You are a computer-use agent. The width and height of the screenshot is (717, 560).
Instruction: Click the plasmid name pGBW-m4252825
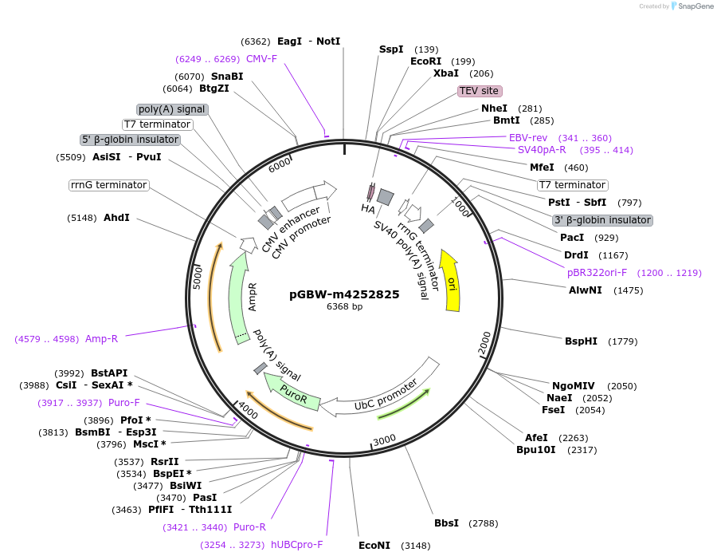click(x=344, y=294)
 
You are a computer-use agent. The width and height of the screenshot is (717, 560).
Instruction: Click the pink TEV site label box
click(x=480, y=91)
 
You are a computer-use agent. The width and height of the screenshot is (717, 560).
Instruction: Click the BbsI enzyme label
click(x=446, y=523)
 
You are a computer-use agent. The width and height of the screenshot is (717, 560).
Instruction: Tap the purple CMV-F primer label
click(x=261, y=59)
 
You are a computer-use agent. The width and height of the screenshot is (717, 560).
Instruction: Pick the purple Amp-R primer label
click(x=101, y=339)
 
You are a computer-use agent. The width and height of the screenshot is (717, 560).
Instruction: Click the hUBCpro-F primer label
click(x=296, y=545)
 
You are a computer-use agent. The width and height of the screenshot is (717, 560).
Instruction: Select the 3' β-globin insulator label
click(x=602, y=220)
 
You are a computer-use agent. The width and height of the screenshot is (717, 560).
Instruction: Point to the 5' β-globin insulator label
click(x=131, y=140)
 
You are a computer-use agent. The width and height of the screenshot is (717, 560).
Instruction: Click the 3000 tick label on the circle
click(x=384, y=440)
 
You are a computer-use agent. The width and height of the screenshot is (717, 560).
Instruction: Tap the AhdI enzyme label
click(x=116, y=218)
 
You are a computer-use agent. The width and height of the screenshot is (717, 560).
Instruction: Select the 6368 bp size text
click(x=344, y=306)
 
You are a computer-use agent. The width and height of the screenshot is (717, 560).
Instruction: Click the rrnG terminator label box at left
click(x=109, y=185)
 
